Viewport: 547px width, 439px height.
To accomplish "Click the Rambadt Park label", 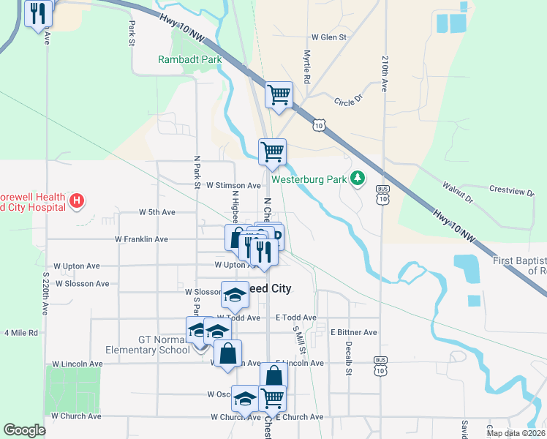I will pos(189,60).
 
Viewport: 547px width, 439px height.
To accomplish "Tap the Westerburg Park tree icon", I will pos(358,178).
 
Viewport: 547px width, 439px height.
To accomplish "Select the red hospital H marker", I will pos(76,200).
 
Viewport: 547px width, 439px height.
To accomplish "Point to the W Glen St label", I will pos(328,37).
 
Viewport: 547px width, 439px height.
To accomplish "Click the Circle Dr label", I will pos(348,102).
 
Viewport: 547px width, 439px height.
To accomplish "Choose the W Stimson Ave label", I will pos(233,186).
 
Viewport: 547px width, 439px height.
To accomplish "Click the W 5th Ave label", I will pos(157,212).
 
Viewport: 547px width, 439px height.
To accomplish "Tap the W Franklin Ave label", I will pos(142,239).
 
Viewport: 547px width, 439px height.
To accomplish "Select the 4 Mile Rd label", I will pos(20,333).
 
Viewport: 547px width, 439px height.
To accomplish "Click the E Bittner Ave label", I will pos(353,332).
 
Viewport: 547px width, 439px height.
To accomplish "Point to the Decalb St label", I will pos(349,358).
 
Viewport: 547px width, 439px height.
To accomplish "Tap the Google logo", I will pos(24,430).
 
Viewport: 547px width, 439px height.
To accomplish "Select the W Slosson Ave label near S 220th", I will pos(82,283).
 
